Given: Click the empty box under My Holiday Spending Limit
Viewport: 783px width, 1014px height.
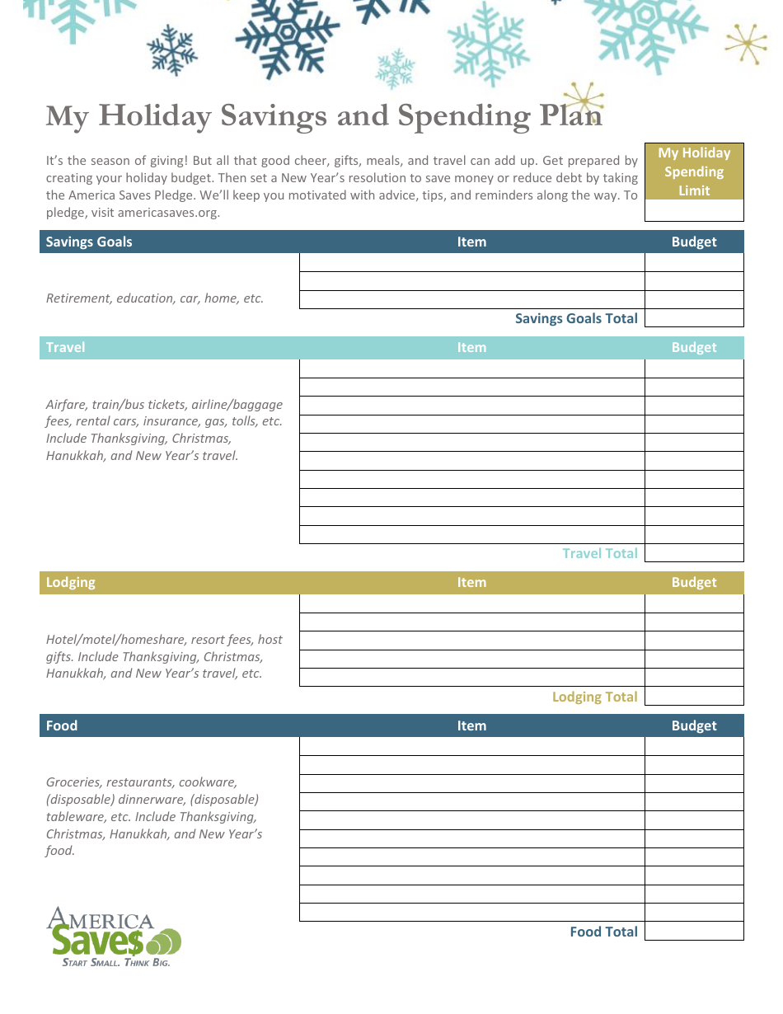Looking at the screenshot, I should pos(693,211).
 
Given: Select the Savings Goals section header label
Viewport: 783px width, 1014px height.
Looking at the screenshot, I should pos(88,242).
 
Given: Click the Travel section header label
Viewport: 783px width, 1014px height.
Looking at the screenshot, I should pos(65,347).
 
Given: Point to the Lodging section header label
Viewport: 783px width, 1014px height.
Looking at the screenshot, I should pos(70,582).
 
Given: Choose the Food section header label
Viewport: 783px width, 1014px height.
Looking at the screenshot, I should pos(62,725).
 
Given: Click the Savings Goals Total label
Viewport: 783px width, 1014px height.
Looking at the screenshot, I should pos(576,318).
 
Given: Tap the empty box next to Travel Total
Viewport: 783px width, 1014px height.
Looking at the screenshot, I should pos(693,553).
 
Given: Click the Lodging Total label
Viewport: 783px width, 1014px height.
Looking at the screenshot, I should pos(594,697).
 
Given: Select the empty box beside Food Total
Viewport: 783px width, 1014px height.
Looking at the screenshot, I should pos(693,932).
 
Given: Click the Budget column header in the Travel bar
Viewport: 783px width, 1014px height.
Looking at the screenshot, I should pos(693,347).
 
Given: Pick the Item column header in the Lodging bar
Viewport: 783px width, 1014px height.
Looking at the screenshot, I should pos(471,582).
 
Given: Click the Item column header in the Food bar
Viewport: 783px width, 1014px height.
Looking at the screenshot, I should pos(471,725).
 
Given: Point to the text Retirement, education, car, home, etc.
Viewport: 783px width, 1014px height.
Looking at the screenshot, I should pos(155,298).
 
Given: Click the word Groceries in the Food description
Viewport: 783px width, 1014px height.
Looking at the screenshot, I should pos(73,782).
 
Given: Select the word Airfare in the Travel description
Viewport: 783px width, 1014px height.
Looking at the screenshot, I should pos(67,405).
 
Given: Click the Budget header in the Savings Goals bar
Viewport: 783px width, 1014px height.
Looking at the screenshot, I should pos(693,242).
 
